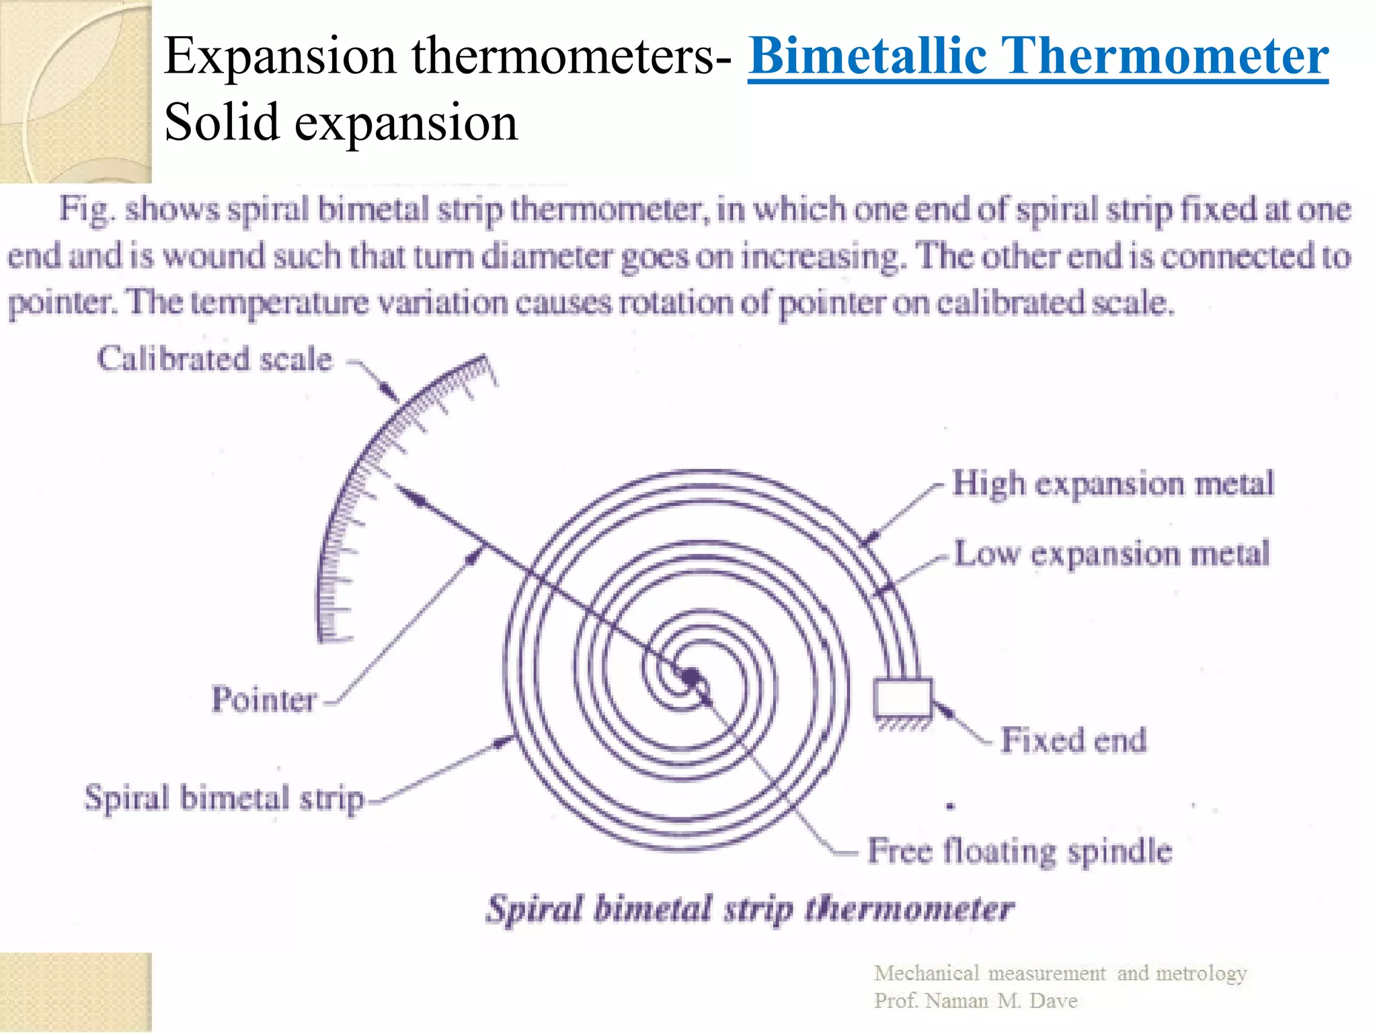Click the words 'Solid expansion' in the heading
pyautogui.click(x=341, y=122)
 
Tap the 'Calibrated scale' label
pyautogui.click(x=214, y=358)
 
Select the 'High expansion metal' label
pyautogui.click(x=1113, y=484)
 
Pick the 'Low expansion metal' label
pyautogui.click(x=1111, y=553)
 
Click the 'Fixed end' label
pyautogui.click(x=1073, y=740)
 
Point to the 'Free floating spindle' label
pyautogui.click(x=1019, y=850)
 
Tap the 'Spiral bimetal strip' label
pyautogui.click(x=224, y=798)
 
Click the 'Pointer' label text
pyautogui.click(x=264, y=699)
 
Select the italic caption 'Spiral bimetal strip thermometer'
pyautogui.click(x=750, y=909)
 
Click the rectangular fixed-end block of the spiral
pyautogui.click(x=903, y=698)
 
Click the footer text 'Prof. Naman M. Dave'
pyautogui.click(x=976, y=1001)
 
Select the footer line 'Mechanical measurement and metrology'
pyautogui.click(x=1060, y=973)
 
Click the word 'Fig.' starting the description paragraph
pyautogui.click(x=85, y=208)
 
